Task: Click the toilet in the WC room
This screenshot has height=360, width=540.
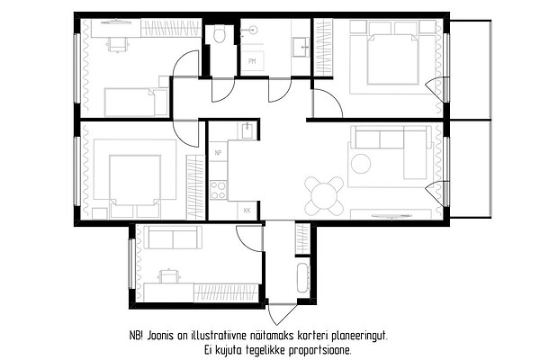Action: [219, 34]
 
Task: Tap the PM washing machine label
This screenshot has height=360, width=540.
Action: [252, 61]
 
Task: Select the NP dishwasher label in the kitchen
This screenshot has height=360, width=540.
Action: [218, 153]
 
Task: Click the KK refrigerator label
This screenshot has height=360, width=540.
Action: [247, 211]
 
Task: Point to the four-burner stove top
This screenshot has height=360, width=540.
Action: [219, 190]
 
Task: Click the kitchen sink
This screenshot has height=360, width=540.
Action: [247, 130]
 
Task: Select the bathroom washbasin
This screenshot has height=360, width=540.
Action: [301, 47]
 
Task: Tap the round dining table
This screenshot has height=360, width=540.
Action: [324, 195]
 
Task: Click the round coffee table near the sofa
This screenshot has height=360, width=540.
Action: [361, 164]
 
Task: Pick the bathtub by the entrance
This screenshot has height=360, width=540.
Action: [302, 278]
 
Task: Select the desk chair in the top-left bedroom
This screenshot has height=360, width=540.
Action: [117, 44]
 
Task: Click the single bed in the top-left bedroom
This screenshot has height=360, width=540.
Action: [136, 103]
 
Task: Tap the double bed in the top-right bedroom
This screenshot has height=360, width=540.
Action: [392, 58]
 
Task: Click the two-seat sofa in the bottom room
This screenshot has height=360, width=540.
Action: [173, 238]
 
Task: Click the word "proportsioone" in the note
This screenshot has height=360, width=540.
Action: [319, 351]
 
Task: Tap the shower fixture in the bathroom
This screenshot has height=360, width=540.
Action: [250, 31]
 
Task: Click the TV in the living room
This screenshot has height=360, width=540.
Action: [391, 216]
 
